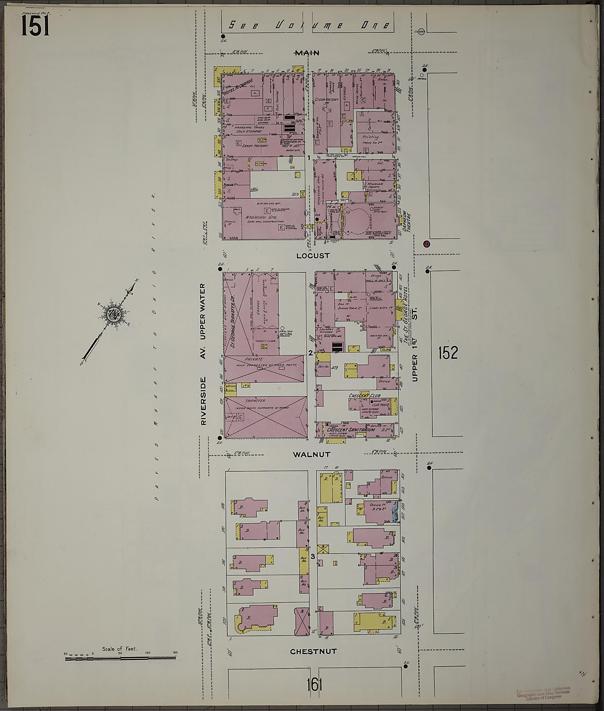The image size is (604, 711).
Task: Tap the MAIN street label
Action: tap(308, 53)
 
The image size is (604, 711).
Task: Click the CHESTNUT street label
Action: tap(313, 651)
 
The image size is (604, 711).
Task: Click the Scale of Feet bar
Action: tap(120, 658)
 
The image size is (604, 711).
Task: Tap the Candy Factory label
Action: tap(255, 146)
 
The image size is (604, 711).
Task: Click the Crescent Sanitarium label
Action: tap(351, 429)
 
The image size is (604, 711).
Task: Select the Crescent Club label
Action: tap(364, 396)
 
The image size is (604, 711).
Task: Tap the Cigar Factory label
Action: tap(327, 100)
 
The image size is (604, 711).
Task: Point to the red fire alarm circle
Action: tap(427, 244)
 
